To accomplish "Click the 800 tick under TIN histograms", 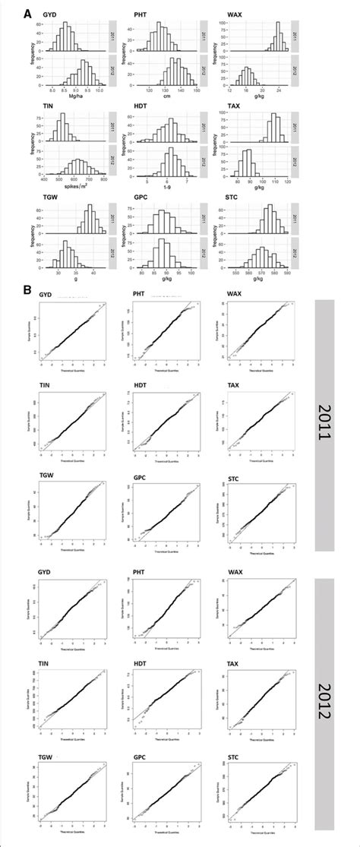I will pos(103,183).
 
